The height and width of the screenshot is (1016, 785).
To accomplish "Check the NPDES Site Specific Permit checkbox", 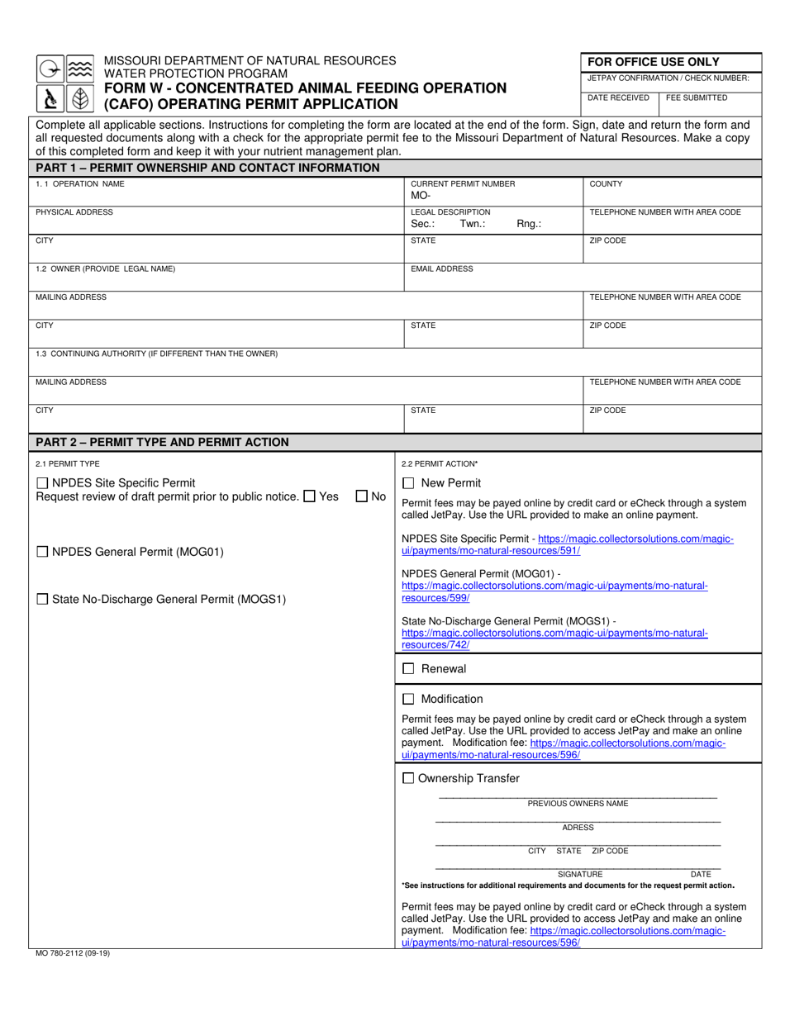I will tap(42, 483).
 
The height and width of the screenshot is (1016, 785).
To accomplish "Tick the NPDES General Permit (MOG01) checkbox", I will tap(42, 552).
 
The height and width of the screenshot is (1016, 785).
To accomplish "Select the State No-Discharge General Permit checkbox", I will tap(42, 600).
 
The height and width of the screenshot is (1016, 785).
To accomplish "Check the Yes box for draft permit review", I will tap(309, 496).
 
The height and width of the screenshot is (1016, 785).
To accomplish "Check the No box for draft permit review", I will tap(361, 496).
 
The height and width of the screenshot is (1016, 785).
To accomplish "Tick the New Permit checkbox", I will tap(408, 483).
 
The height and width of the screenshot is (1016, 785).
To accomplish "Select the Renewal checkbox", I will tap(408, 669).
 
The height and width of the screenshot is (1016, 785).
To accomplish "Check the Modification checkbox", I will tap(408, 699).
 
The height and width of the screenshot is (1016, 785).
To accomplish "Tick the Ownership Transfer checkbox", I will tap(408, 778).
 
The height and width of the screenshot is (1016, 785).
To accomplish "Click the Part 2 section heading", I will tap(162, 442).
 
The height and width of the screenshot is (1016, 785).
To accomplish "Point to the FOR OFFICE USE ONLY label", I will tap(653, 62).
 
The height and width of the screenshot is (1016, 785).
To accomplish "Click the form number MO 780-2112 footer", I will tap(73, 953).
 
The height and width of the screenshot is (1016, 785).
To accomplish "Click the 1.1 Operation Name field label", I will tap(80, 184).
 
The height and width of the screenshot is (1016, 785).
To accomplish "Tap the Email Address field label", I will tap(442, 269).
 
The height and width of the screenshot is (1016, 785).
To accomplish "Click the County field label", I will tap(606, 184).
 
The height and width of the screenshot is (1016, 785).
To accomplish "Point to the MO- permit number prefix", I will tap(421, 197).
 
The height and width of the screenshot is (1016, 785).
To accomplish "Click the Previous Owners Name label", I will tap(578, 804).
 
